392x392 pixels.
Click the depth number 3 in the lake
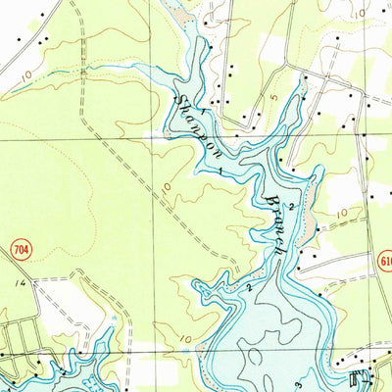324,375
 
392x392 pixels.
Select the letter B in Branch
268,196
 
